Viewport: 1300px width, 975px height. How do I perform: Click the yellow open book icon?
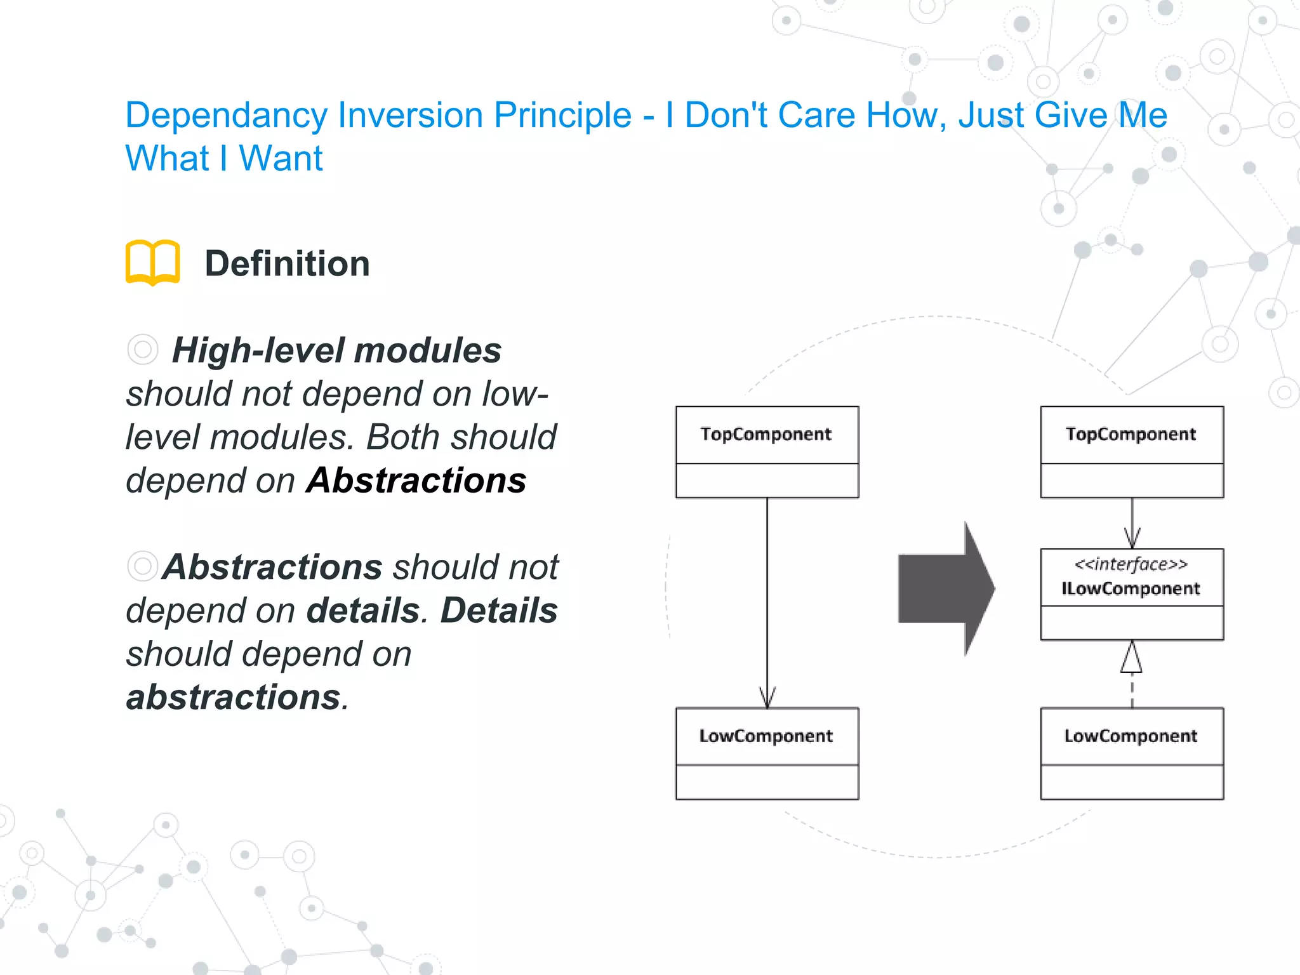coord(152,262)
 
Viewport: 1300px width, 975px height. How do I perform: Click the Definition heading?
coord(287,263)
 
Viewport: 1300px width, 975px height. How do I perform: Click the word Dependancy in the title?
coord(227,116)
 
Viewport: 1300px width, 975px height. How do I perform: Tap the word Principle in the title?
coord(562,116)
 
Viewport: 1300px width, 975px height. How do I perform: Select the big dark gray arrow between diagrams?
coord(946,588)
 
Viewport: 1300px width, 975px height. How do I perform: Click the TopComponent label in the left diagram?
coord(766,434)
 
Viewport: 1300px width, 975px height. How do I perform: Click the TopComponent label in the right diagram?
coord(1131,434)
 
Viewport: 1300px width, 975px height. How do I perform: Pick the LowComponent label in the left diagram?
coord(766,736)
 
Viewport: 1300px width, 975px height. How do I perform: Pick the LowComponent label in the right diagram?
coord(1131,736)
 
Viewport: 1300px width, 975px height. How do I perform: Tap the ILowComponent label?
coord(1131,588)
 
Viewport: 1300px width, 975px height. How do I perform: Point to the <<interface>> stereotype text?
coord(1131,564)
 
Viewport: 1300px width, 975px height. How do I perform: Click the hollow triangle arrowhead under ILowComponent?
coord(1131,658)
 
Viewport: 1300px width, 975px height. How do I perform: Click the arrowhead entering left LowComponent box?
coord(767,698)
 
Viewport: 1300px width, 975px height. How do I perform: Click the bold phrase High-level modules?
coord(336,350)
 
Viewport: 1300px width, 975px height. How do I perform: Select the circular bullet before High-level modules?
coord(142,349)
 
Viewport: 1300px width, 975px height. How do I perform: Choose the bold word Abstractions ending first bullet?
coord(416,481)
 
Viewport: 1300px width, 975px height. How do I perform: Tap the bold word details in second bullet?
coord(363,611)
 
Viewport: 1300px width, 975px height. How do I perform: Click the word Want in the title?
coord(281,158)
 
